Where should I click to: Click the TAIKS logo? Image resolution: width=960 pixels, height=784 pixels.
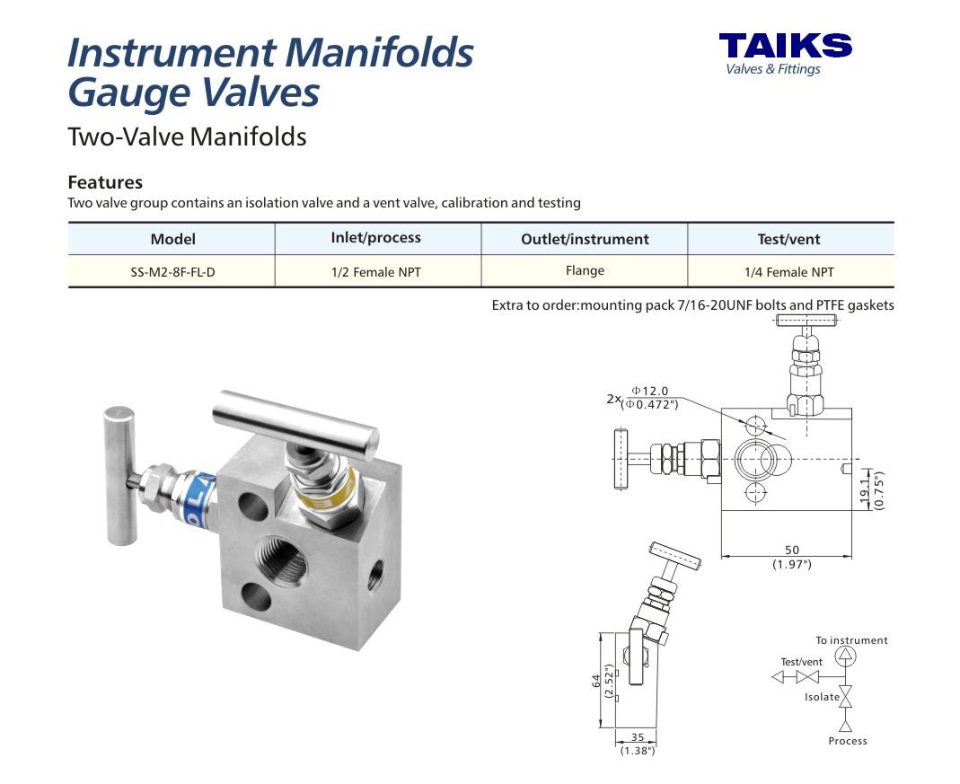click(x=786, y=54)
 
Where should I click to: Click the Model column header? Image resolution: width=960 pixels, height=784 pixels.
click(x=173, y=239)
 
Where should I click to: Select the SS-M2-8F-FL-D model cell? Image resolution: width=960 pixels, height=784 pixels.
click(x=172, y=272)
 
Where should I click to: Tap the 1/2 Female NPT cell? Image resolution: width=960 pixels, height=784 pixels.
click(x=376, y=272)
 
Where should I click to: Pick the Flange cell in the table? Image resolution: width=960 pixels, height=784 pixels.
click(x=585, y=270)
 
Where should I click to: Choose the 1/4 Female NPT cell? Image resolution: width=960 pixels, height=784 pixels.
click(x=789, y=272)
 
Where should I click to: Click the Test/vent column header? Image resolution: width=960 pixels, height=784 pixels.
click(x=788, y=239)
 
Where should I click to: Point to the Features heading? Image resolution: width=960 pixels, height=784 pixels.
click(x=105, y=182)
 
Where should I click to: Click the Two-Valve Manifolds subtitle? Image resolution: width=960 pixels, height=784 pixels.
click(x=187, y=137)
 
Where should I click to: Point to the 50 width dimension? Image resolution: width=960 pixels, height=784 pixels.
click(x=792, y=550)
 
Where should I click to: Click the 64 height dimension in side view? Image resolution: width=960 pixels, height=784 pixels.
click(x=596, y=681)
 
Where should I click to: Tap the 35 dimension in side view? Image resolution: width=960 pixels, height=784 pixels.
click(x=638, y=737)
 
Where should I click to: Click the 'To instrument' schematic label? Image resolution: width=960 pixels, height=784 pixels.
click(x=851, y=640)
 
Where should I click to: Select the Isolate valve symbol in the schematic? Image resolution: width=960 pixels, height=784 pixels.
click(x=846, y=697)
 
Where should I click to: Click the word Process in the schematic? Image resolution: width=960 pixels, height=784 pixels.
click(x=848, y=741)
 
